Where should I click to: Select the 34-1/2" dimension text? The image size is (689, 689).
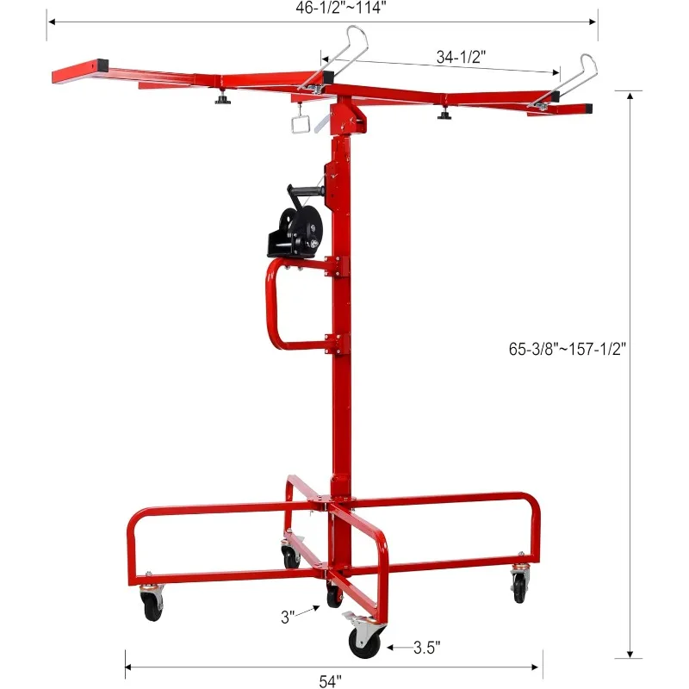[461, 58]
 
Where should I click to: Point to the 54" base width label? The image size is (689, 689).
[328, 681]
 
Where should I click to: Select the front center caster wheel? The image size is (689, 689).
[363, 642]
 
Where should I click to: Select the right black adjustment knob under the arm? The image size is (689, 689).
[445, 114]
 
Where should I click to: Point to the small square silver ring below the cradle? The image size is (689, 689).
[301, 125]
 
